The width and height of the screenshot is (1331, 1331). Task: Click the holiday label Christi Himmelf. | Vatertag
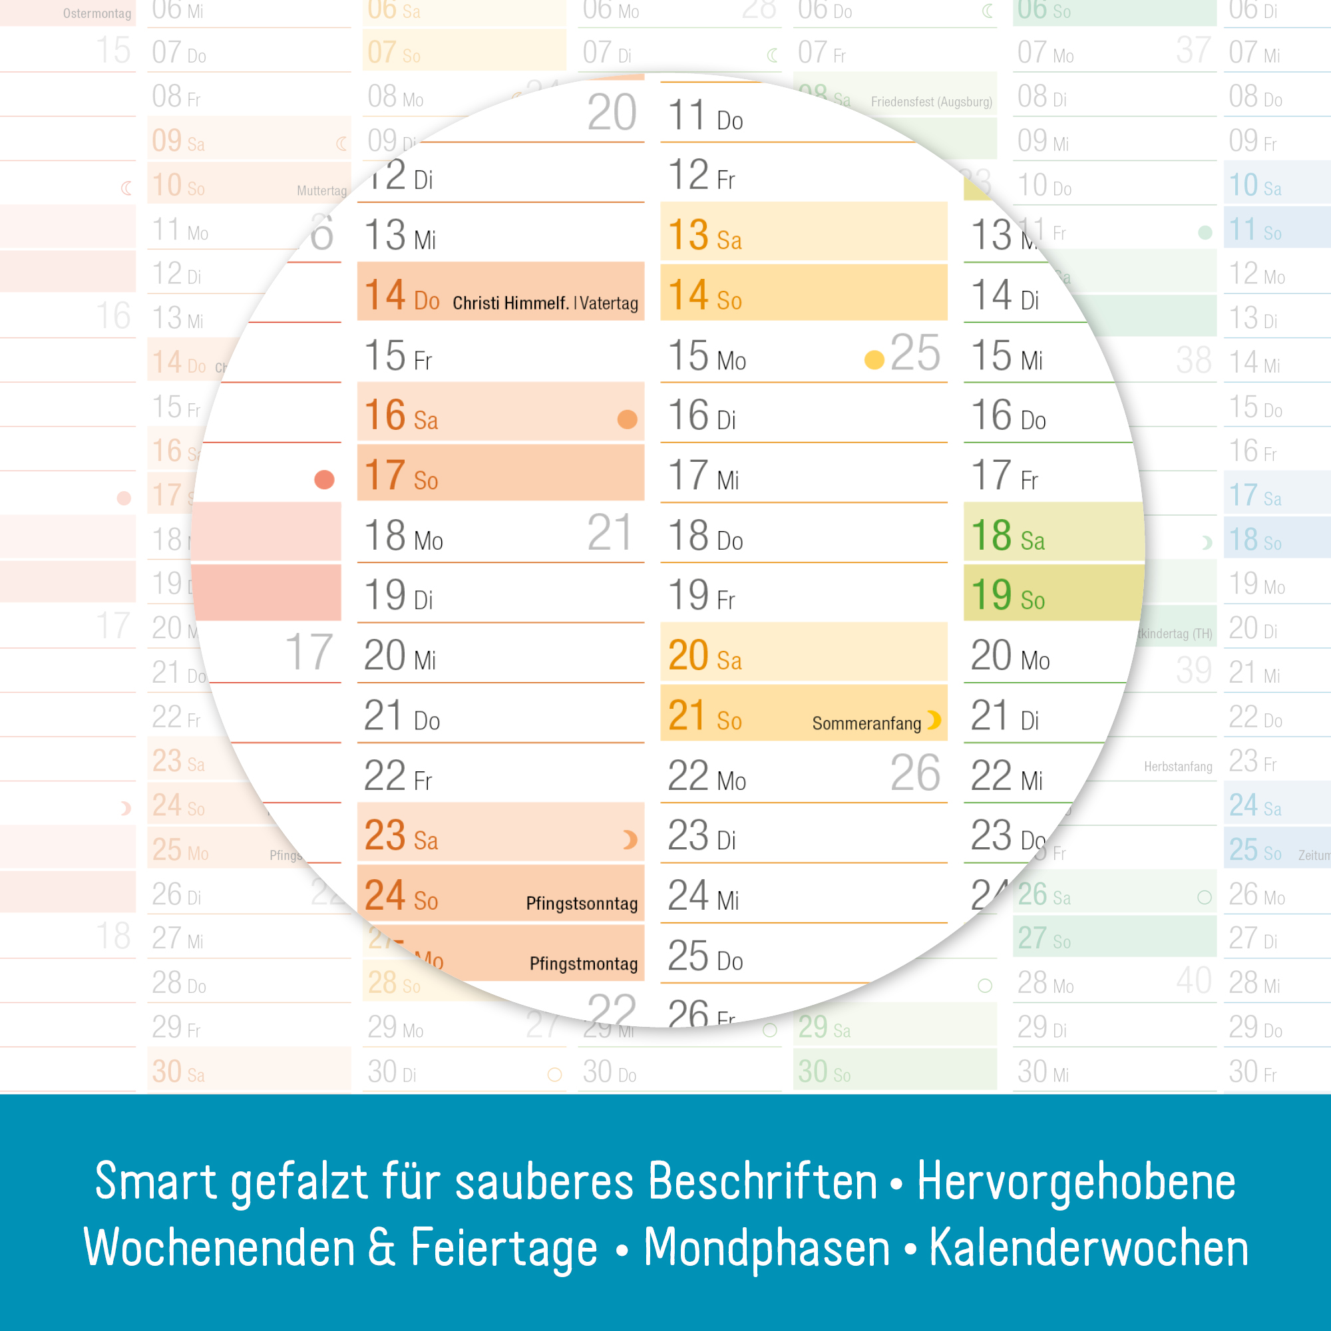(x=545, y=303)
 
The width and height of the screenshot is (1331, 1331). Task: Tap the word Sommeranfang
(x=866, y=723)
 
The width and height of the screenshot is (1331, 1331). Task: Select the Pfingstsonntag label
(x=582, y=903)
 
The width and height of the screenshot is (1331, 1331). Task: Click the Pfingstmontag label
(x=583, y=963)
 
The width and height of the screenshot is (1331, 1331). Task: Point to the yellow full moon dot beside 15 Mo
(x=874, y=359)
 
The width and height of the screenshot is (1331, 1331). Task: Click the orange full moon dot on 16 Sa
(x=627, y=419)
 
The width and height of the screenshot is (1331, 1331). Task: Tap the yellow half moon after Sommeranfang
(x=934, y=721)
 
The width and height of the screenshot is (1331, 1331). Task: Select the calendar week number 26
(x=914, y=773)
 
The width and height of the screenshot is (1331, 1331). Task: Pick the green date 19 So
(x=1007, y=595)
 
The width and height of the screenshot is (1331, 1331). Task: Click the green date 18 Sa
(x=1007, y=535)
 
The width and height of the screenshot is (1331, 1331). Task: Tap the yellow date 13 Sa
(x=704, y=235)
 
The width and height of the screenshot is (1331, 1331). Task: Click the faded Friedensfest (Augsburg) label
(x=931, y=102)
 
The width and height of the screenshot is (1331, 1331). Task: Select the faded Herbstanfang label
(x=1177, y=767)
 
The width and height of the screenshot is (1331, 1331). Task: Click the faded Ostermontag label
(x=96, y=14)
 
